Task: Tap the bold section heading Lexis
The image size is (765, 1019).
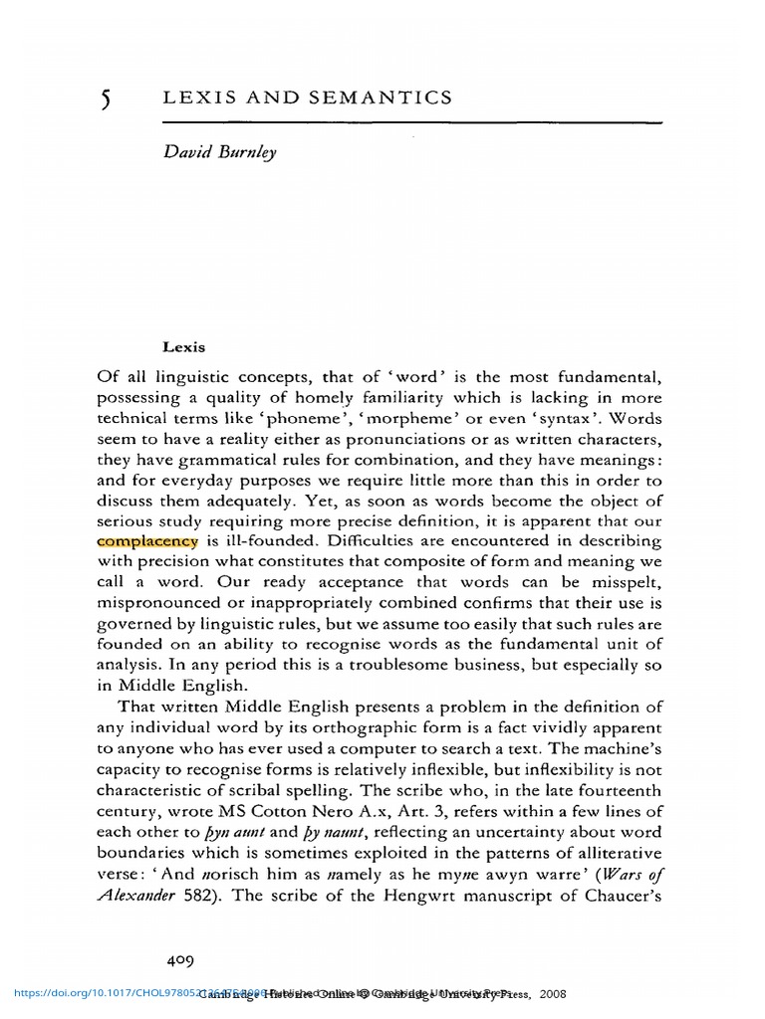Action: (182, 347)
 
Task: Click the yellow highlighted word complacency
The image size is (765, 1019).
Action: (147, 540)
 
